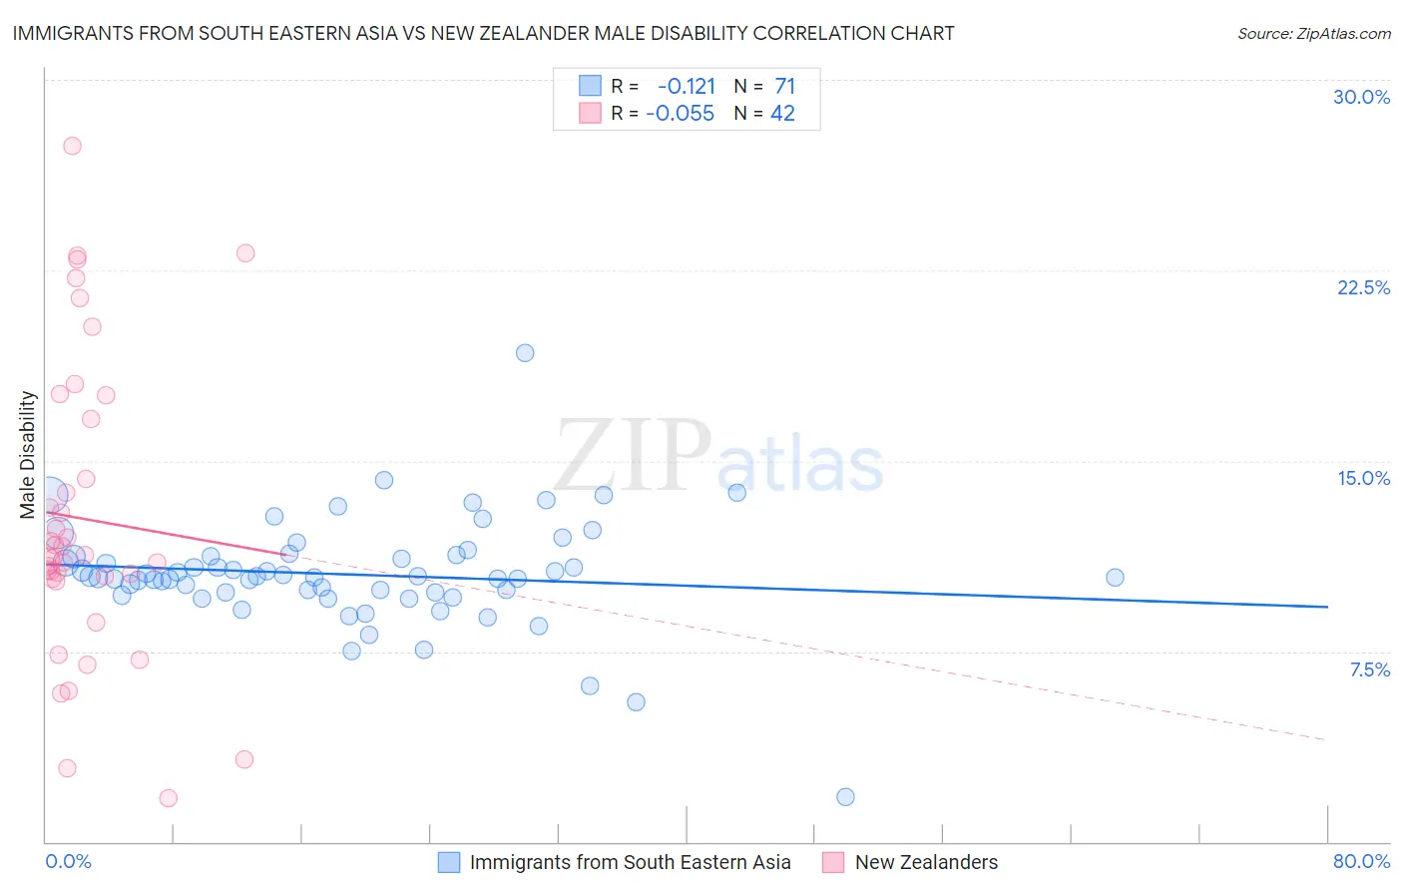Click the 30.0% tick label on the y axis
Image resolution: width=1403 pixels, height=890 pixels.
click(1361, 97)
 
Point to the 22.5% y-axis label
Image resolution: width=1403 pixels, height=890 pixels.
click(1363, 287)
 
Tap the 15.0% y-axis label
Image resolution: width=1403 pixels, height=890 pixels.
click(1363, 478)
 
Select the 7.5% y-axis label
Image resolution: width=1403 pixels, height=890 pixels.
click(1369, 669)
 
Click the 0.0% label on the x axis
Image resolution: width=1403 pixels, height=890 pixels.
click(68, 861)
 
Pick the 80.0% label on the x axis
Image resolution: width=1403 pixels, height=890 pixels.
click(1361, 861)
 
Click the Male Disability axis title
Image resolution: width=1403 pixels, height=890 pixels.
click(27, 454)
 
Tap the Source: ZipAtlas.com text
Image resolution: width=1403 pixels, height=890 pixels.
click(1313, 33)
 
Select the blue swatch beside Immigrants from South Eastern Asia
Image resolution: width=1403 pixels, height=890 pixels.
click(449, 862)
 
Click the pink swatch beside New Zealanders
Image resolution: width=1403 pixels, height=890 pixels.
click(834, 862)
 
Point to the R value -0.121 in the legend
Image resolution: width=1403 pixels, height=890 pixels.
click(687, 86)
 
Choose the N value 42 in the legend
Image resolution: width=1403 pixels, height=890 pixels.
click(782, 114)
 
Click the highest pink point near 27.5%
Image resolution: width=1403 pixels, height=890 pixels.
click(72, 146)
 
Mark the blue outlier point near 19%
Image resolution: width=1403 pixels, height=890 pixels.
click(525, 353)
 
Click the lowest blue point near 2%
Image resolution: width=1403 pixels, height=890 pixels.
click(845, 796)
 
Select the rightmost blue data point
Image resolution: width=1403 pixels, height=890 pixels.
click(1115, 578)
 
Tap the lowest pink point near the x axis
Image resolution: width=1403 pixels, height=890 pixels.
click(169, 798)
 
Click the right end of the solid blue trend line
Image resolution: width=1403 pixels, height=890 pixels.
click(1327, 607)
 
